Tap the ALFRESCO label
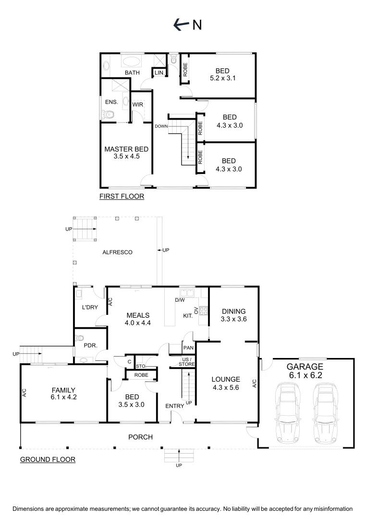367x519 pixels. (117, 252)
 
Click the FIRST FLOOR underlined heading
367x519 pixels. (122, 196)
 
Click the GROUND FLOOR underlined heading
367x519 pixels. (48, 459)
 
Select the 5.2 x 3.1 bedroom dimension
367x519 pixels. (223, 78)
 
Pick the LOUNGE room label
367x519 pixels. (226, 379)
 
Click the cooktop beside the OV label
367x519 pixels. (203, 311)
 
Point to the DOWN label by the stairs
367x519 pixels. (160, 126)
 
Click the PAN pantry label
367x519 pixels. (188, 347)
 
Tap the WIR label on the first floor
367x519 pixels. (137, 104)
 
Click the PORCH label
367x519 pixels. (140, 437)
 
